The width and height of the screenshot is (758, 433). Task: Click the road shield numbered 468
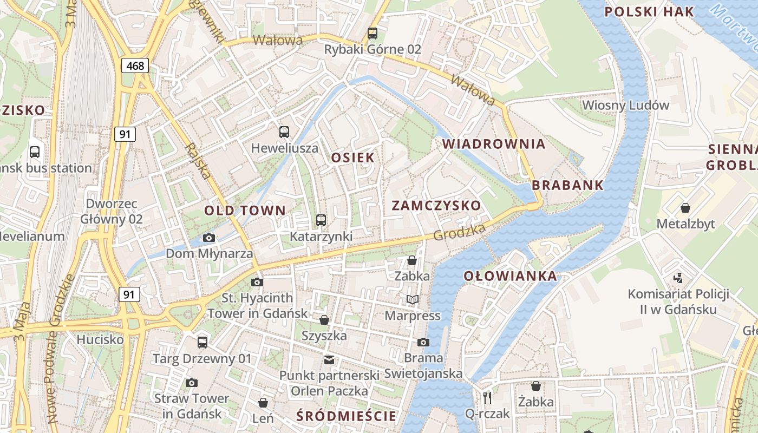click(x=135, y=66)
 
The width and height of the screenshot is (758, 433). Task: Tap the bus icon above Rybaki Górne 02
click(x=373, y=33)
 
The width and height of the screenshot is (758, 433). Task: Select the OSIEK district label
click(x=352, y=158)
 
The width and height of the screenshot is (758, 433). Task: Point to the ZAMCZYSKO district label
click(x=436, y=206)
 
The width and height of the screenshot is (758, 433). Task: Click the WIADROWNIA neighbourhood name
click(x=494, y=144)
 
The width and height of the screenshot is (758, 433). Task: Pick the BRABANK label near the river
click(x=567, y=185)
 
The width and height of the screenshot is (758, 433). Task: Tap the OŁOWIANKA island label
click(x=510, y=276)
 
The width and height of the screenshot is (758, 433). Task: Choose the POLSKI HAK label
click(x=649, y=12)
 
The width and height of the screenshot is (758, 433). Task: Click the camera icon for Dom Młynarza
click(x=208, y=238)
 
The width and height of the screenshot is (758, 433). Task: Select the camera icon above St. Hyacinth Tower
click(x=257, y=282)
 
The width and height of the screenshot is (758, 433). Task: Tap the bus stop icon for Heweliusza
click(x=284, y=132)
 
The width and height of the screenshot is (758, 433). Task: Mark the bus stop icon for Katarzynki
click(x=321, y=220)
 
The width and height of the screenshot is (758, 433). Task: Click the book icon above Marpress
click(x=413, y=299)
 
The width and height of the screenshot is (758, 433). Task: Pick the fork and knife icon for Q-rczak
click(x=487, y=398)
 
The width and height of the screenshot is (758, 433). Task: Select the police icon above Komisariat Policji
click(x=678, y=278)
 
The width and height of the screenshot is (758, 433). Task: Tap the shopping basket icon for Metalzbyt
click(x=685, y=208)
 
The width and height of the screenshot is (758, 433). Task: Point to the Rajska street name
click(x=197, y=161)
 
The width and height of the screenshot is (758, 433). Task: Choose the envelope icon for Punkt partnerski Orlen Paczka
click(x=329, y=359)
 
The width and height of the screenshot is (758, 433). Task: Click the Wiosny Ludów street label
click(x=625, y=105)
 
